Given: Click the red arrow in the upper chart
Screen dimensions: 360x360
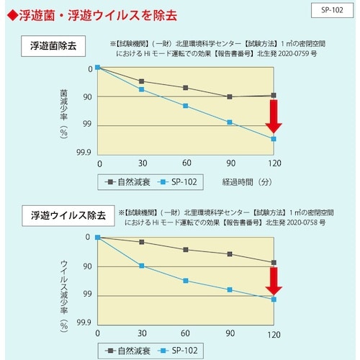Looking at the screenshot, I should click(274, 117).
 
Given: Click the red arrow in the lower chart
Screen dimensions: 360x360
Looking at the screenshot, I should click(274, 282).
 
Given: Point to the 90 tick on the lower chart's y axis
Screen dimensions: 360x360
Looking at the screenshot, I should click(88, 266).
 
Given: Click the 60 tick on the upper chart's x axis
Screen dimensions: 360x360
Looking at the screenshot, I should click(186, 163).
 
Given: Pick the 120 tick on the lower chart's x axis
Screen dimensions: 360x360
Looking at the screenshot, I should click(274, 335).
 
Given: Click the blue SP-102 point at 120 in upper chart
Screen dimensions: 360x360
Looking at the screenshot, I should click(274, 139).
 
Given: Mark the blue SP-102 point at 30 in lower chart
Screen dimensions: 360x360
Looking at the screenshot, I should click(141, 266).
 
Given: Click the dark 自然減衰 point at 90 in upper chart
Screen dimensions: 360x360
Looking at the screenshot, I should click(230, 96).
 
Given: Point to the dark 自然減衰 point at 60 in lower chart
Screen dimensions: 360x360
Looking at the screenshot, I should click(186, 249).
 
